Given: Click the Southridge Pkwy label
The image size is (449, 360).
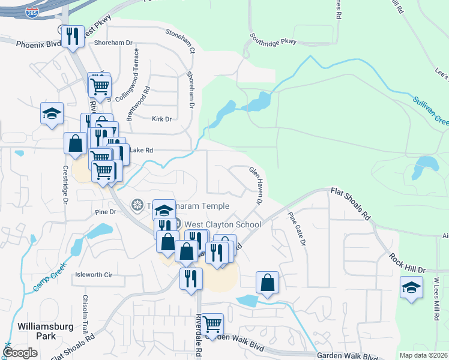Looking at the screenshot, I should tap(274, 41).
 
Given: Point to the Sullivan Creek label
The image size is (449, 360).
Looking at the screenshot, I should tap(430, 111).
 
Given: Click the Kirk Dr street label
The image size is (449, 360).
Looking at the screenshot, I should tap(162, 119).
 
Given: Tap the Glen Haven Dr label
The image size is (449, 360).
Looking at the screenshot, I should tap(256, 185).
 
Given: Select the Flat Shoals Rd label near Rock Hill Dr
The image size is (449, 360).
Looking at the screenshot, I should tap(351, 202).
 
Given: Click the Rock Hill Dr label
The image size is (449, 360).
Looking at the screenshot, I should tap(406, 262).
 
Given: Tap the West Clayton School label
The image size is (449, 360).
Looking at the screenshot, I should tap(222, 224).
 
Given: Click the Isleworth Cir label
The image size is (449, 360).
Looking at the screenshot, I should tap(94, 275).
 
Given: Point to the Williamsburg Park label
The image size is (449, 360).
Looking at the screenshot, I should tap(46, 331).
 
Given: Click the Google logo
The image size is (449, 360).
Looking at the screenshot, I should tap(20, 353).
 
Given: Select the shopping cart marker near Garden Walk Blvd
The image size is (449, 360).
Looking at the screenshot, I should tap(212, 324).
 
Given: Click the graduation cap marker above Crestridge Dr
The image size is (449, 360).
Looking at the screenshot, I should tap(52, 112).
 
